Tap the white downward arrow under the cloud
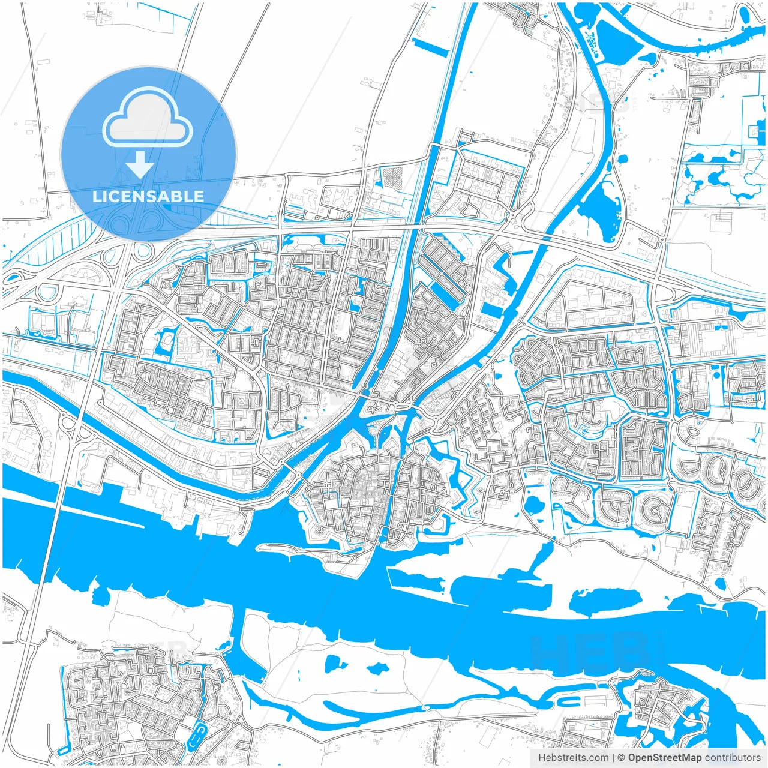tap(140, 164)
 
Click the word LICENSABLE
tap(148, 196)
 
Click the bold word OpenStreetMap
tap(665, 758)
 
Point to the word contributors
tap(733, 758)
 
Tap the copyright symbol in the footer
tap(621, 758)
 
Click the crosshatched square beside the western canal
tap(393, 176)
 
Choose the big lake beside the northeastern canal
tap(600, 207)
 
